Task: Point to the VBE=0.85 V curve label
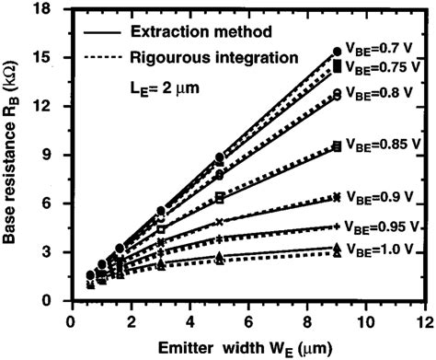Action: coord(381,145)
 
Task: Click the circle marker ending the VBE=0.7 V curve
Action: coord(338,52)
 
